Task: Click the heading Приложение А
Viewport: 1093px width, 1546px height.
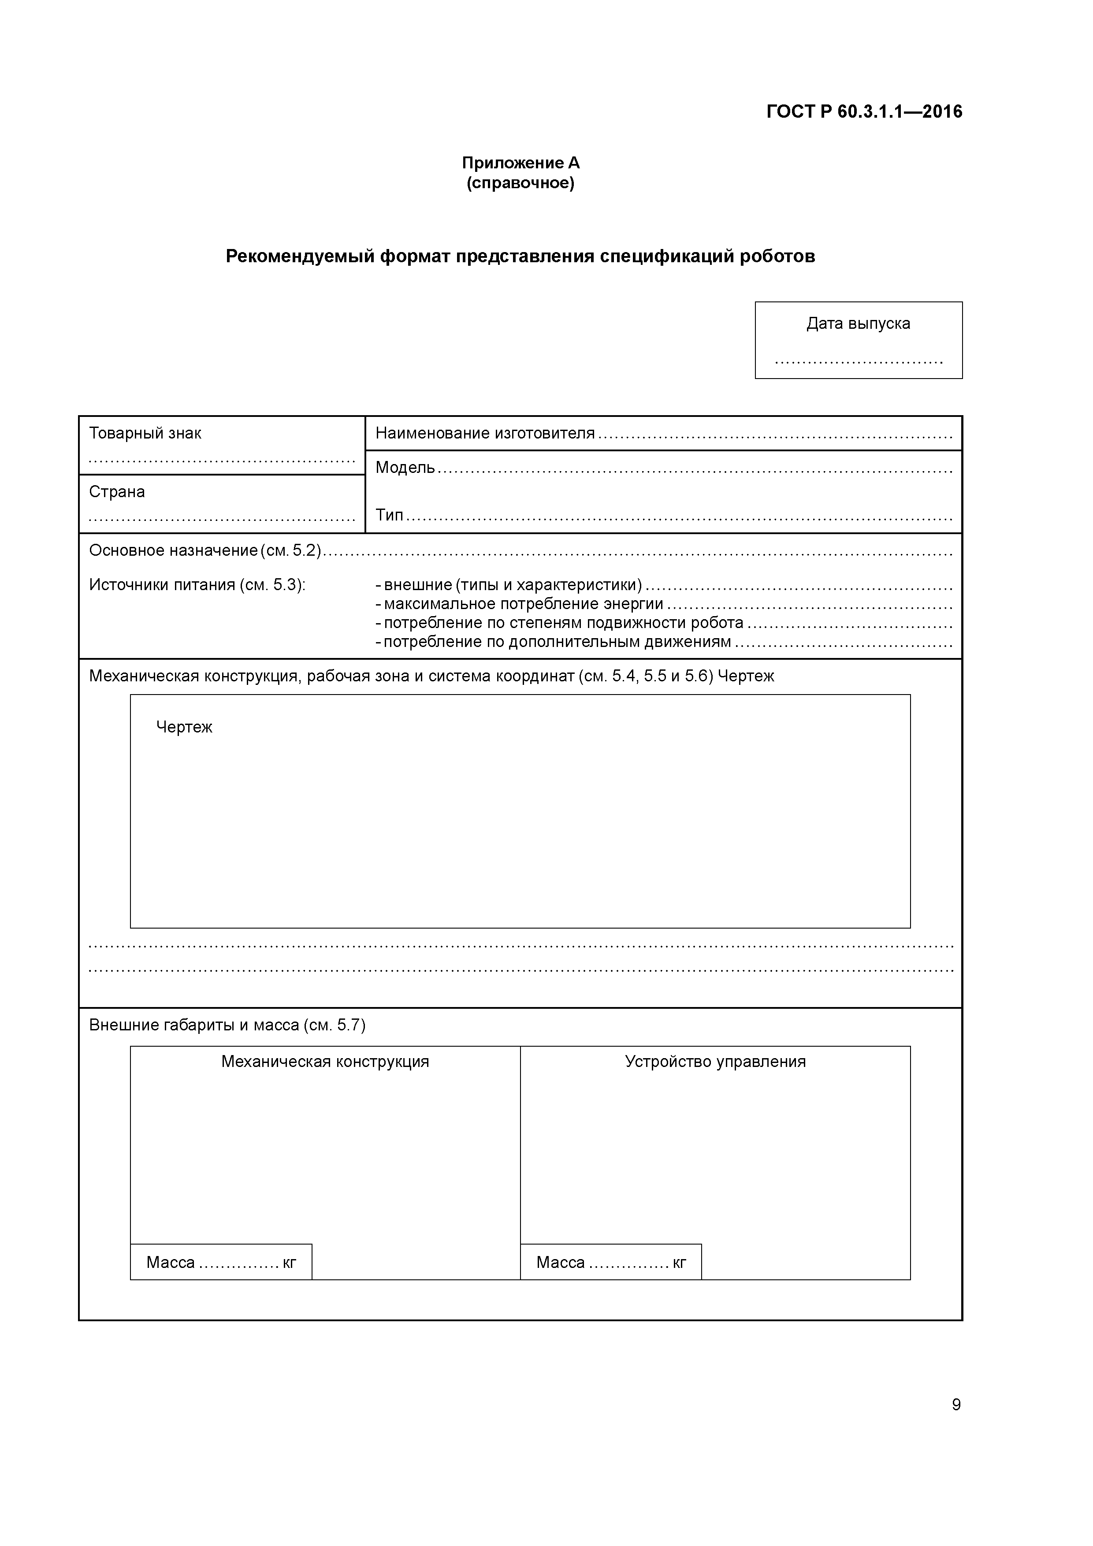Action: point(520,163)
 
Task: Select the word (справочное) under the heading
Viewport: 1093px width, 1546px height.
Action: point(520,183)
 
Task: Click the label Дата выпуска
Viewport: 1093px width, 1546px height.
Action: point(858,324)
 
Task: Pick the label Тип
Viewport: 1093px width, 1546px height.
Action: point(389,516)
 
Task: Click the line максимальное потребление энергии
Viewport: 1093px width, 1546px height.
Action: point(523,605)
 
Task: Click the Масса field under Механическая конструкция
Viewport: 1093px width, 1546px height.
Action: point(221,1263)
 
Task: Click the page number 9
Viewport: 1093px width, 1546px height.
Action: point(955,1405)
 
